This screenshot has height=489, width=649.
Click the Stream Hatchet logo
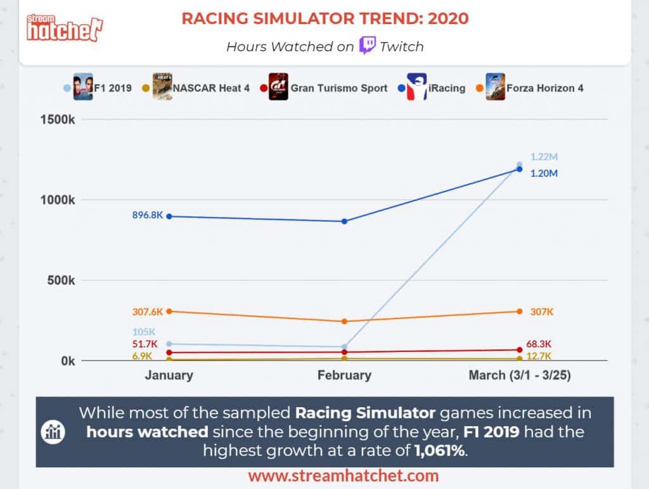pos(65,25)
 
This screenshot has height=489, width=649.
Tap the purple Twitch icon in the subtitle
pos(368,46)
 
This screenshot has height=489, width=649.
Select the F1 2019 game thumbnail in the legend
pos(83,87)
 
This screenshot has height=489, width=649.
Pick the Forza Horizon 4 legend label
pos(544,88)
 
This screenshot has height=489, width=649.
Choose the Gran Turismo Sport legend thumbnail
pos(278,87)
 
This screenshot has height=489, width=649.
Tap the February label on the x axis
pos(344,375)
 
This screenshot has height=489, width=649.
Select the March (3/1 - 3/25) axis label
pos(520,375)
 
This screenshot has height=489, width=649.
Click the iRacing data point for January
pos(169,216)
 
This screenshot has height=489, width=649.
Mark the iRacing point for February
pos(344,221)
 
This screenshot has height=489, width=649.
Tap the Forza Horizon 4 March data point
pos(520,311)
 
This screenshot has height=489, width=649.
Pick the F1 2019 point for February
pos(344,347)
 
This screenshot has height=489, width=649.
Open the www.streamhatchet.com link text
pos(343,476)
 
